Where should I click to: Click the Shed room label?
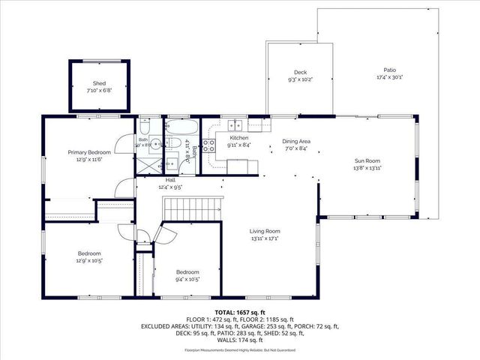point(99,83)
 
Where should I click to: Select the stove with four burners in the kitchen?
point(209,145)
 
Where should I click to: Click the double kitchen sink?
point(235,125)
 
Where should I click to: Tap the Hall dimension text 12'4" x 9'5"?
point(171,187)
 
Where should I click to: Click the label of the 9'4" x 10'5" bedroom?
point(187,271)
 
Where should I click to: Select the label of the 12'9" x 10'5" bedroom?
point(88,253)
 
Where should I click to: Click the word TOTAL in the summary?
point(225,310)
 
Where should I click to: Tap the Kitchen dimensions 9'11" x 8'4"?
point(238,145)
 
